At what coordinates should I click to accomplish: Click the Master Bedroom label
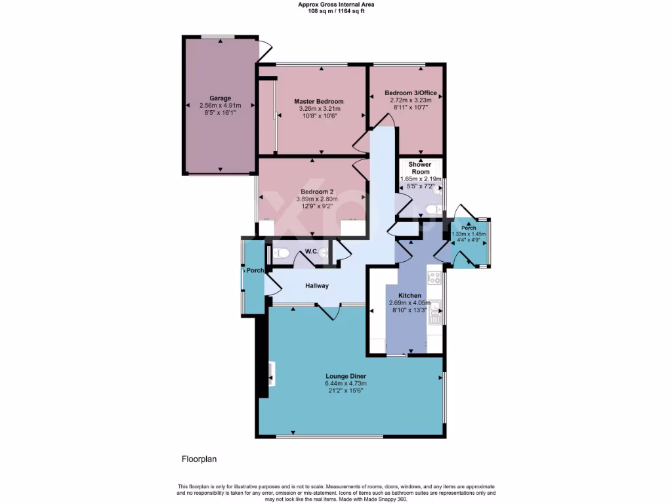[x=318, y=101]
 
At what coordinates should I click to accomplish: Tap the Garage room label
[x=220, y=98]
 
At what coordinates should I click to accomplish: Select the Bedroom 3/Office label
[x=410, y=93]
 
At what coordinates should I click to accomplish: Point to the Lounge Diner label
[x=345, y=376]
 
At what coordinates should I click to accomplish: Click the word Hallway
[x=316, y=286]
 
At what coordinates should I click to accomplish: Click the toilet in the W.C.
[x=280, y=253]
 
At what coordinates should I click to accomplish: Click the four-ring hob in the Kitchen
[x=434, y=277]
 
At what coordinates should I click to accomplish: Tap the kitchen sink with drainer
[x=434, y=312]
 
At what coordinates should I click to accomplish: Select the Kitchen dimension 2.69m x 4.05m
[x=409, y=303]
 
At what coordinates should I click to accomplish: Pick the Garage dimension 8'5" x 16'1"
[x=220, y=113]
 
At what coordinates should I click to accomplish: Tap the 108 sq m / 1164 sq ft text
[x=336, y=10]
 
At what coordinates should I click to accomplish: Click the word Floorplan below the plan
[x=199, y=459]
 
